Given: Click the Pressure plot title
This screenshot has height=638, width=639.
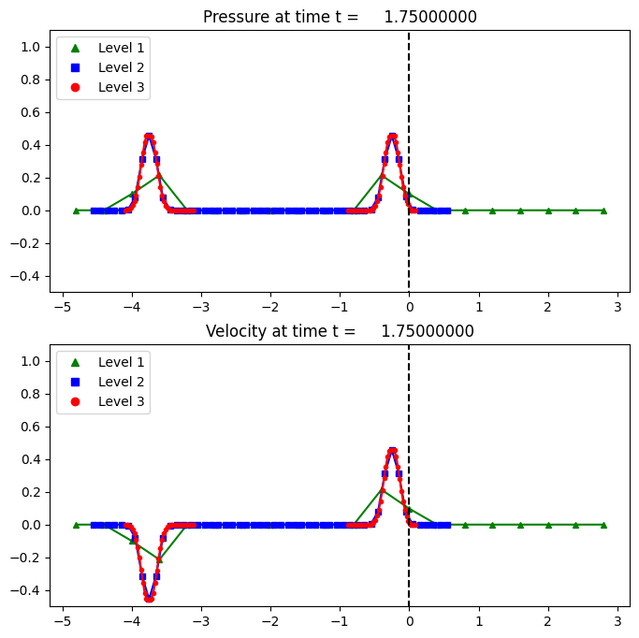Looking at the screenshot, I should click(x=339, y=17).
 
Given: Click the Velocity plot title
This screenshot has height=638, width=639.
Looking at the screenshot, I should click(x=339, y=331).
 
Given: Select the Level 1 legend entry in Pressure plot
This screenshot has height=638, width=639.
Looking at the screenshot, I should click(x=103, y=47).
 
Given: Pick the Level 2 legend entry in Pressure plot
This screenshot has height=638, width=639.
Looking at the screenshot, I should click(x=103, y=67).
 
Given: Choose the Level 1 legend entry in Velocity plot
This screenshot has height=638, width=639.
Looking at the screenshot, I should click(x=103, y=361).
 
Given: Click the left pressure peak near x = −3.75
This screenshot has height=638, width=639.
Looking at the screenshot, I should click(x=149, y=136).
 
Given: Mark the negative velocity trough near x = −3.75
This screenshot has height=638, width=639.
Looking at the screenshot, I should click(x=149, y=599).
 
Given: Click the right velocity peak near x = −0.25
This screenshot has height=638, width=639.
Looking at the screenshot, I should click(x=392, y=450).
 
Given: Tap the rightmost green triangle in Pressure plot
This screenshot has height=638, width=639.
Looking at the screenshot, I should click(x=603, y=210).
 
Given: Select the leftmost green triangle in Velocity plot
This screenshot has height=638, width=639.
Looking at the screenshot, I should click(x=77, y=525).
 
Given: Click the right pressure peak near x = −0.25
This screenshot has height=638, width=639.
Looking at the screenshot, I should click(x=392, y=136).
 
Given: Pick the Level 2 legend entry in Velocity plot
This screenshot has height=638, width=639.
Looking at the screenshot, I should click(x=103, y=382).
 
